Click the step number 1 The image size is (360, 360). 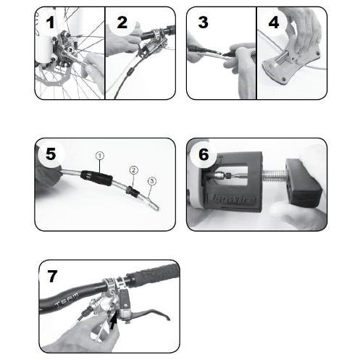click(49, 22)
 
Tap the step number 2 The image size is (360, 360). click(121, 22)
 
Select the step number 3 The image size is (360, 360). click(203, 22)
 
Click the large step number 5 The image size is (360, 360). click(51, 154)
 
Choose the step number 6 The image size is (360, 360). click(204, 154)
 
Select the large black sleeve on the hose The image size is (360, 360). click(95, 173)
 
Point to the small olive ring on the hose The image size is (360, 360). click(133, 191)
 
